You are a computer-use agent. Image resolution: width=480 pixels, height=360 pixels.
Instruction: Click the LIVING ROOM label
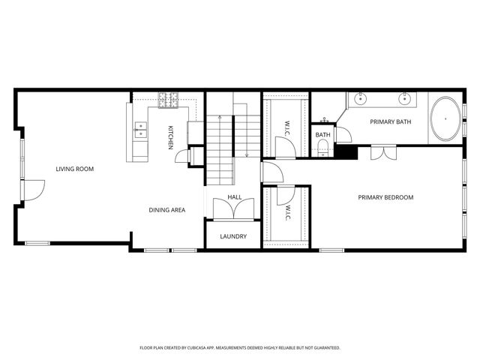pos(74,169)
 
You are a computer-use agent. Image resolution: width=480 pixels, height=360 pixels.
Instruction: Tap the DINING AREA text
pos(166,210)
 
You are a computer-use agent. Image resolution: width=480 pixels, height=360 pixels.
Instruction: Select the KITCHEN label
pos(171,137)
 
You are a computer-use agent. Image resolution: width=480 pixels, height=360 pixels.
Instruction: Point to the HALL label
pos(234,197)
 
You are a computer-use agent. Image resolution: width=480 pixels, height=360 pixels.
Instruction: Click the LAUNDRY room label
pos(233,236)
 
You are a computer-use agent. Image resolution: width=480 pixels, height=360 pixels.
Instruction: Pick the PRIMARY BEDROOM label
pos(385,197)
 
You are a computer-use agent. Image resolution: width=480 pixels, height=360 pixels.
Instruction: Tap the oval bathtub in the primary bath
pos(446,118)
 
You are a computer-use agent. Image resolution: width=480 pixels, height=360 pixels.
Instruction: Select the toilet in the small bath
pos(323,148)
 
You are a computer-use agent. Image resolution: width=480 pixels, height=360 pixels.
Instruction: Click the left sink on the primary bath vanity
pos(360,98)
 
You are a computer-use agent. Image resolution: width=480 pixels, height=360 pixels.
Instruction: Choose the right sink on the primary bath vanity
pos(405,98)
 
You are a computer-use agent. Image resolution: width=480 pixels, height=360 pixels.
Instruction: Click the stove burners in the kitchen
pos(167,97)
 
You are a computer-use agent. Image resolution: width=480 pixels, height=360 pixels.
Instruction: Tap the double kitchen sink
pos(139,130)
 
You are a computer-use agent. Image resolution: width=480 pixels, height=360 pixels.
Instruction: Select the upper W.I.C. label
pos(287,128)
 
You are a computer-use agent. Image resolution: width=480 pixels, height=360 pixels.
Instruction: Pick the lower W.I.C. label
pos(287,213)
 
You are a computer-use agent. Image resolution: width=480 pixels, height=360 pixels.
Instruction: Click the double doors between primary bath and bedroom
pos(382,152)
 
